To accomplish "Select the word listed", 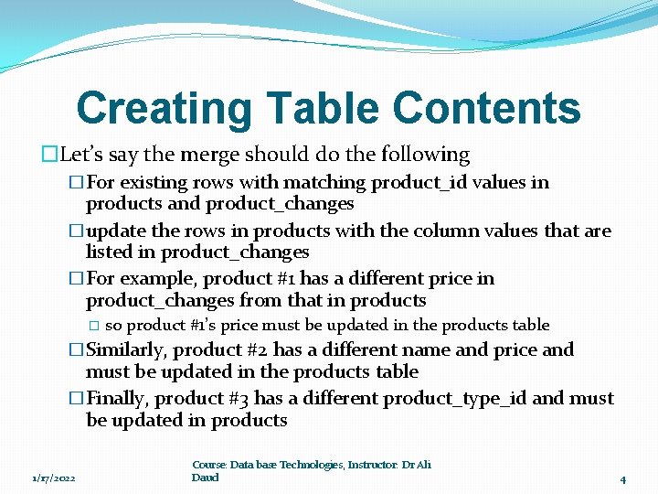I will click(x=111, y=252).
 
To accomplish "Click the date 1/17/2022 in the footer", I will click(x=53, y=478).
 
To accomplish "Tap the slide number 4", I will click(x=622, y=478).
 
